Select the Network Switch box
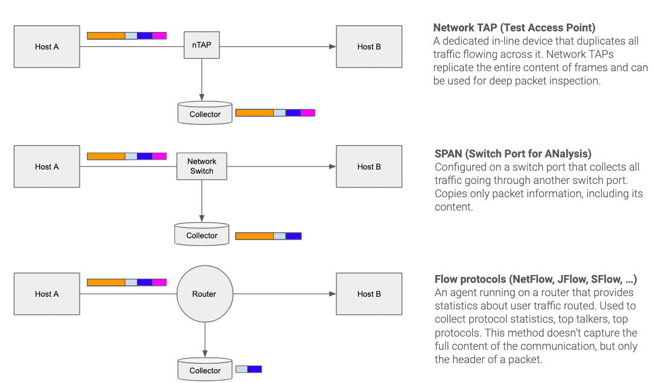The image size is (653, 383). click(202, 166)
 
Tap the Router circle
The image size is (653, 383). click(204, 294)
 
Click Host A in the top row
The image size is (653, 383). click(47, 46)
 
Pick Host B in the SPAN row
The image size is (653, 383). click(369, 166)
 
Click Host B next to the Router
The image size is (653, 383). click(369, 294)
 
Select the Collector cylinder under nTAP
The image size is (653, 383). click(205, 113)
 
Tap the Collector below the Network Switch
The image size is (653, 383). click(201, 235)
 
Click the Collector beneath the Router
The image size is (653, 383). click(205, 370)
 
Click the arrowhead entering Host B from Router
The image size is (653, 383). click(332, 294)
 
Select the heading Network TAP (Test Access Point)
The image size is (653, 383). click(514, 28)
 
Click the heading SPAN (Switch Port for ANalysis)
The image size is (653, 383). click(513, 154)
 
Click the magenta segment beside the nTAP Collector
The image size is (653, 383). click(308, 113)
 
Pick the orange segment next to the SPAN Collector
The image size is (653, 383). click(254, 236)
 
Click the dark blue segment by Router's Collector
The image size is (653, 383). click(254, 369)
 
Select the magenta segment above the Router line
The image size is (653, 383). click(159, 282)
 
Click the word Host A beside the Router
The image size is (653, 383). click(47, 294)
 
